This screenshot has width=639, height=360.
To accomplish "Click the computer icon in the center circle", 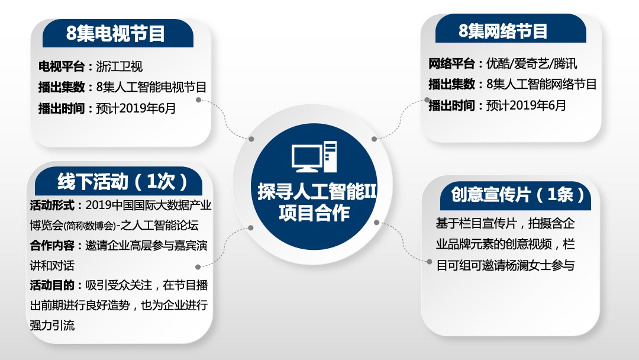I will click(x=314, y=157).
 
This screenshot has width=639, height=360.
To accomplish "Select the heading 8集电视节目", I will click(x=116, y=33).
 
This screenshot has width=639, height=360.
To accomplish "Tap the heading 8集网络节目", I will click(x=504, y=30).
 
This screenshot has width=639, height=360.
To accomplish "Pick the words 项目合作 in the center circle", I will click(x=314, y=213).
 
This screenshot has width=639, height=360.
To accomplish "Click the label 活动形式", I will click(x=53, y=205).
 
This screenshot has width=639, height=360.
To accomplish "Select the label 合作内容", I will click(x=53, y=246).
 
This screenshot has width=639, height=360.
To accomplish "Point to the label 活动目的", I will click(x=53, y=285).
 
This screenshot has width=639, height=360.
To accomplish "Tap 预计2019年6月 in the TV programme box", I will click(x=135, y=108).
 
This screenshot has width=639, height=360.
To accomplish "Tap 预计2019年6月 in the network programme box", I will click(x=526, y=105).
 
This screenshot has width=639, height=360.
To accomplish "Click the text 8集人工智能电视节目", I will click(x=151, y=88).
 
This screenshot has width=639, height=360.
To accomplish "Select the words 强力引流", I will click(x=53, y=325).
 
